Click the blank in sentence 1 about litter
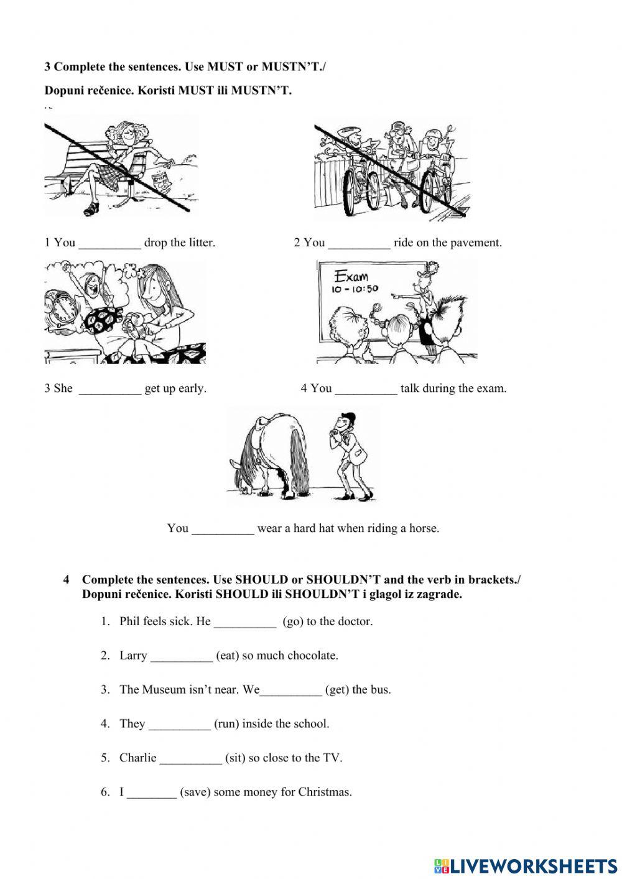pos(110,243)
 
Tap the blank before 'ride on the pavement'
pos(359,243)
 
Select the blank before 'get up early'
pos(110,389)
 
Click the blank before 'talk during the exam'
pos(366,389)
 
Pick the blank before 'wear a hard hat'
pos(223,529)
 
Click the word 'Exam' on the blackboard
pos(351,276)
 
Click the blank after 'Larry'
pos(181,656)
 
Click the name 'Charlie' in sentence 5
pos(137,758)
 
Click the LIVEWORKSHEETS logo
pos(525,865)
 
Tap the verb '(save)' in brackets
pos(195,792)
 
